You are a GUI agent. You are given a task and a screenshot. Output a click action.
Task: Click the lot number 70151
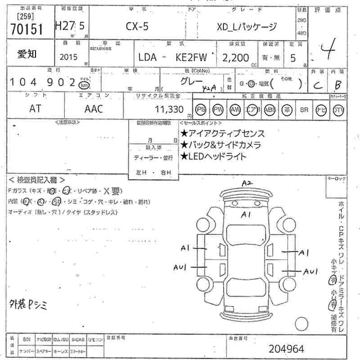(x=26, y=29)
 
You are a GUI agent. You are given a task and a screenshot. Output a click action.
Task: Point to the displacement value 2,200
(x=235, y=58)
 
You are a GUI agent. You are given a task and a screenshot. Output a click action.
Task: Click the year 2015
(x=68, y=58)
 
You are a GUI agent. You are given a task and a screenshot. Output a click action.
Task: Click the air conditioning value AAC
(x=94, y=109)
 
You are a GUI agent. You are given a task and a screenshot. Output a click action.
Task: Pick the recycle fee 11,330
(x=169, y=109)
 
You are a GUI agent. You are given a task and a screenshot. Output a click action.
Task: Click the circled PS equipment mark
(x=201, y=110)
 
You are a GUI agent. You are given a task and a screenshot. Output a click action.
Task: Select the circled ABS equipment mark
(x=270, y=110)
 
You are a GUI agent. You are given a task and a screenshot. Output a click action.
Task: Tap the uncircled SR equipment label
(x=304, y=110)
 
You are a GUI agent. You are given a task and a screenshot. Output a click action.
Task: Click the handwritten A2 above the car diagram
(x=247, y=184)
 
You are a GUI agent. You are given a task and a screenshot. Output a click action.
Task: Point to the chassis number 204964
(x=286, y=348)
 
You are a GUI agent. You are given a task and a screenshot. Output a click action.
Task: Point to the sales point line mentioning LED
(x=213, y=157)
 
